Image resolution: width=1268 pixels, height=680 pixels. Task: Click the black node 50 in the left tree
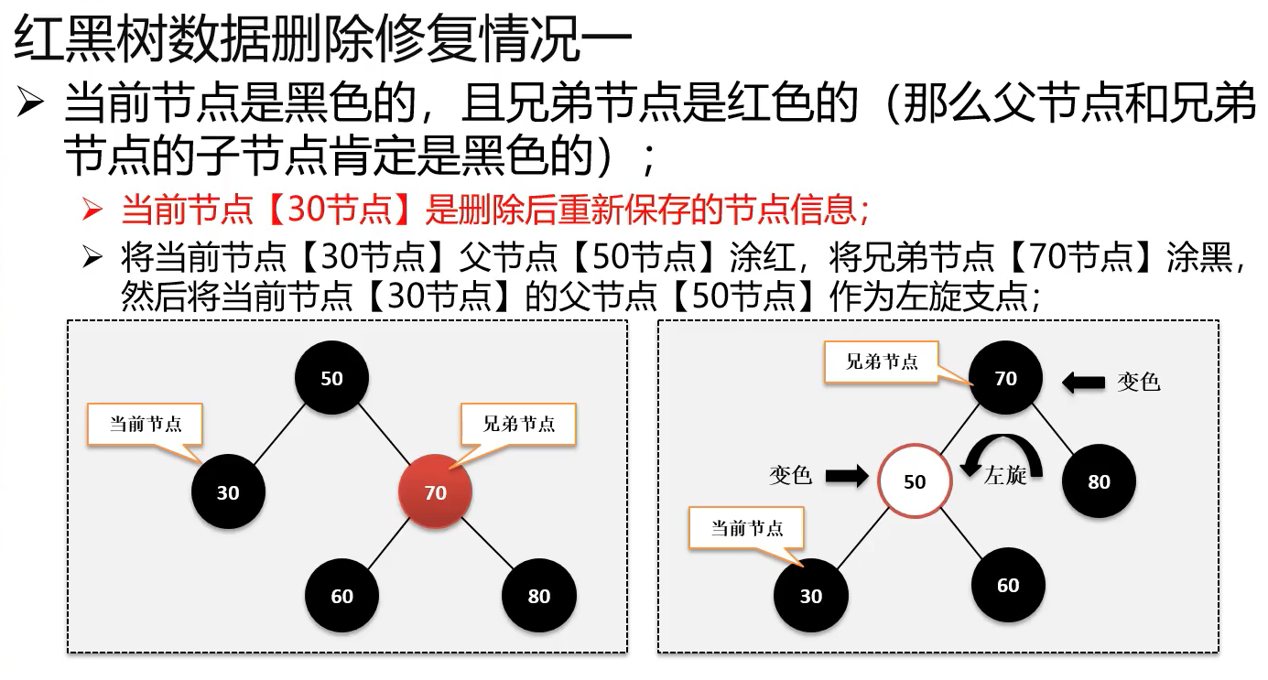point(332,378)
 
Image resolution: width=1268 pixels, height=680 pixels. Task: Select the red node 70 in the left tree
point(435,492)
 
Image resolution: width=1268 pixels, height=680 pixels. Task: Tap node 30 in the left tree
point(228,492)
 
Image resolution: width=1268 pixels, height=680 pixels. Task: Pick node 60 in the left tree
point(341,596)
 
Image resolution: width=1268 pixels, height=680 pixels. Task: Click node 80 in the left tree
point(538,596)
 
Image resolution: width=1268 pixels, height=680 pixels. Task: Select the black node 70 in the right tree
point(1005,378)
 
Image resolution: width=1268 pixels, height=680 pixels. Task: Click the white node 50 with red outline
point(915,481)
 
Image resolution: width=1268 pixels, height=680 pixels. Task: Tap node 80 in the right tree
point(1099,481)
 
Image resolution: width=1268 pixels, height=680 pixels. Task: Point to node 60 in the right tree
point(1007,585)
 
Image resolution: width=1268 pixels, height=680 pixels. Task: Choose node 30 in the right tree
point(811,596)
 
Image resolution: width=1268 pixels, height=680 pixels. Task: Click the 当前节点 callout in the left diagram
point(146,425)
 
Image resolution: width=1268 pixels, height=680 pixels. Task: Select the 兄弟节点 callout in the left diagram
point(518,425)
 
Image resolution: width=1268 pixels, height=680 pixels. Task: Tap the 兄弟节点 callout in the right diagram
point(882,362)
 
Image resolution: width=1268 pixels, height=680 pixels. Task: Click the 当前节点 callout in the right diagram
point(747,528)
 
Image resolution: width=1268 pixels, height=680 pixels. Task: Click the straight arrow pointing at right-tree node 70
point(1083,382)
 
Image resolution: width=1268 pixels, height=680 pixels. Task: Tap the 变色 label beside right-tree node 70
point(1138,382)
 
